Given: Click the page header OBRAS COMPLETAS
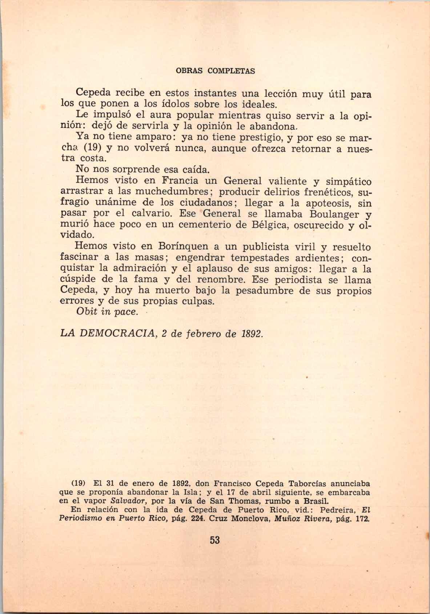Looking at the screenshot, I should click(215, 71).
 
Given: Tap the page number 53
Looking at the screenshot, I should click(215, 540).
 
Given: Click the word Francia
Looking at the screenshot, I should click(180, 181).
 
